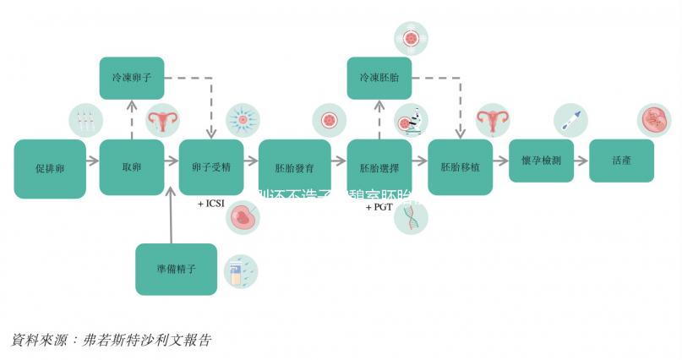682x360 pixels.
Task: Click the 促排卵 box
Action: tap(50, 169)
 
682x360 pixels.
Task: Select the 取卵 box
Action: tap(131, 167)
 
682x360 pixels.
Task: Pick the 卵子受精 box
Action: tap(211, 167)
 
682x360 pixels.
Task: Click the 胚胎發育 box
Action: tap(294, 167)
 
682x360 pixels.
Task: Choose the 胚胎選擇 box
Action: tap(379, 167)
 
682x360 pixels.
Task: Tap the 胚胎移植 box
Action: tap(460, 167)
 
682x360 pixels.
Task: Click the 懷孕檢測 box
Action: tap(541, 161)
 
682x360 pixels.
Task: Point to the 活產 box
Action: tap(621, 161)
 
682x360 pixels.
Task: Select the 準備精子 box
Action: tap(176, 269)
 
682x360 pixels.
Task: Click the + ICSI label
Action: tap(211, 205)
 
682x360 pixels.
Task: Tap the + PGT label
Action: tap(380, 207)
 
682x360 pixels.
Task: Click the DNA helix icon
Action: tap(412, 217)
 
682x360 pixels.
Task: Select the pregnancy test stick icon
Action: tap(569, 120)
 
